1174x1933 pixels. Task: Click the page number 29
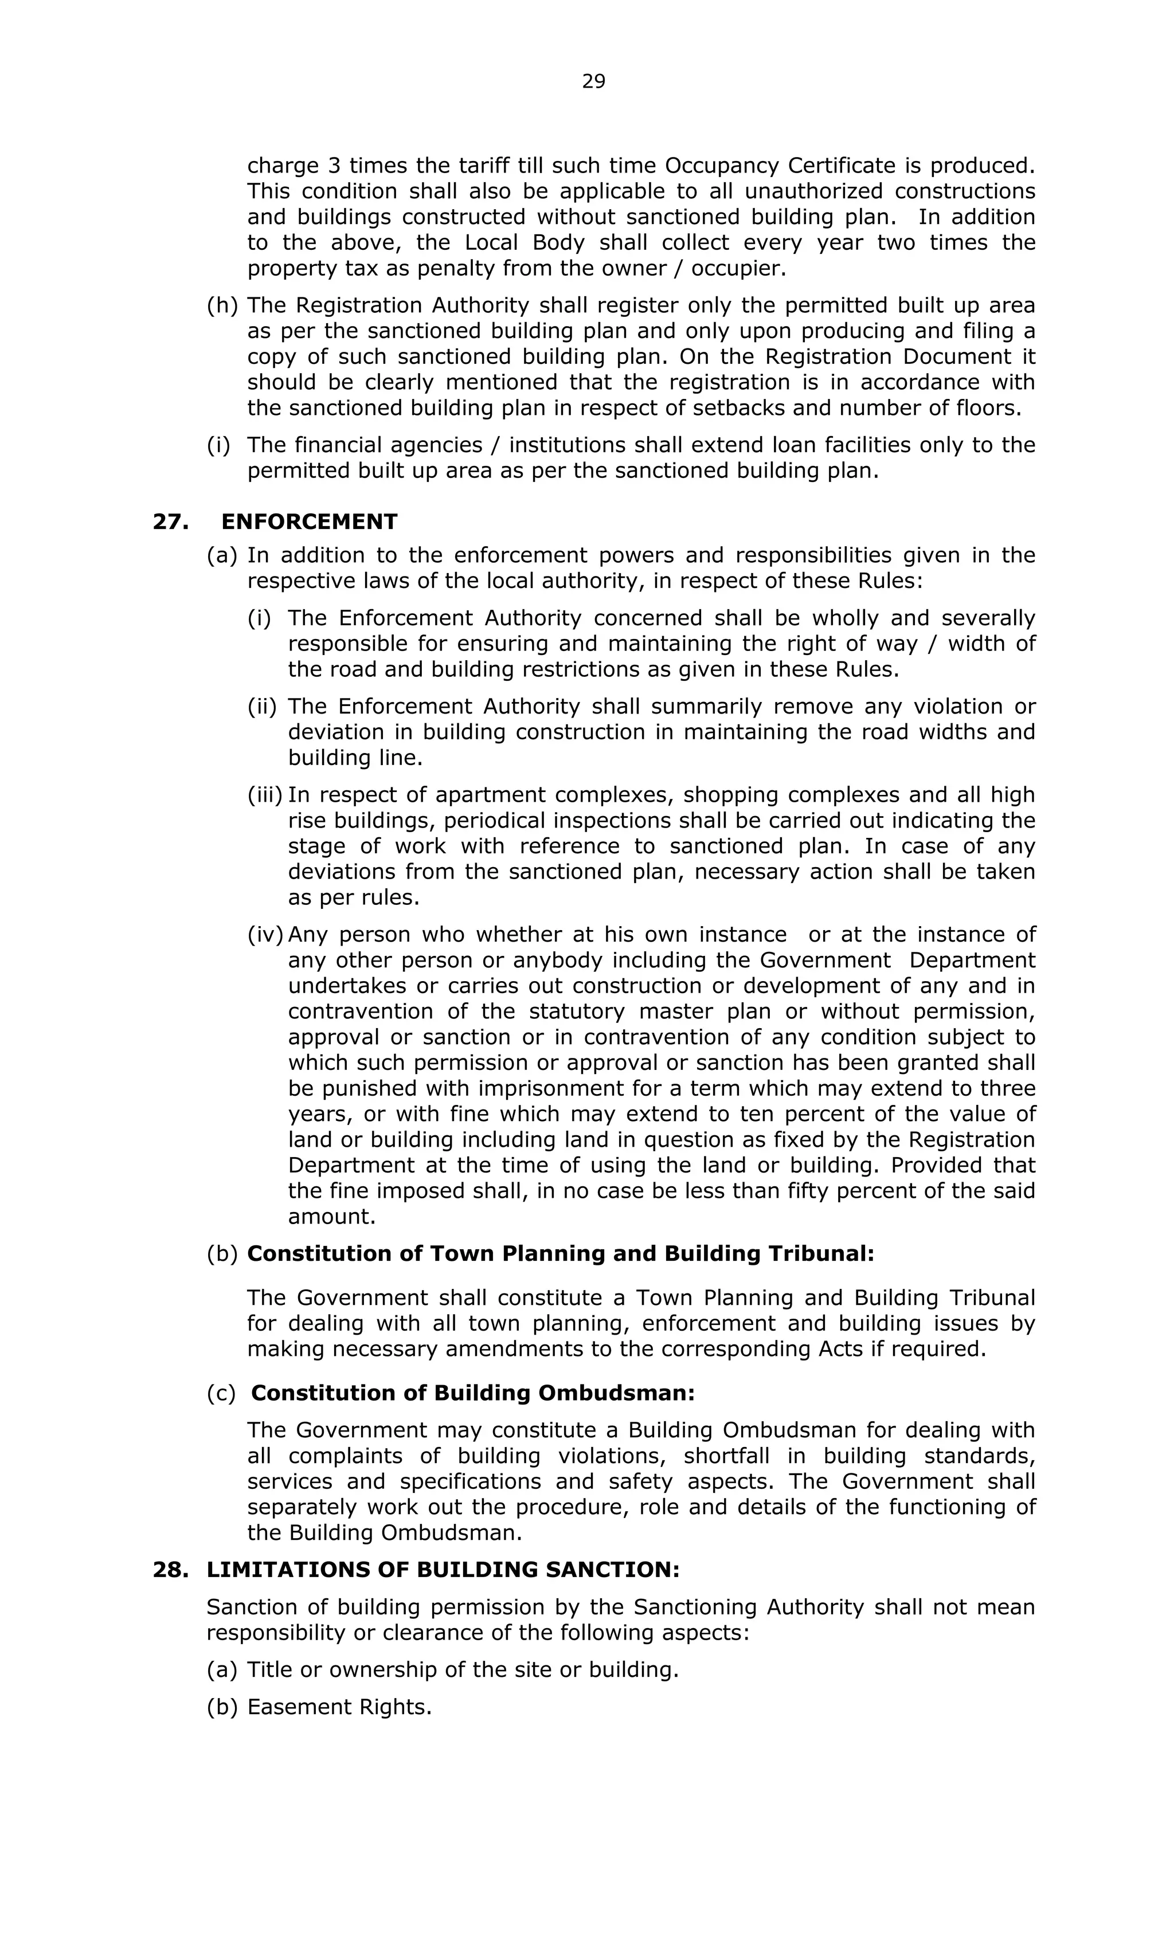(x=593, y=81)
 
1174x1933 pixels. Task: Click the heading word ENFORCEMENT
(x=309, y=522)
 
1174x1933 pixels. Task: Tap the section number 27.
(x=170, y=522)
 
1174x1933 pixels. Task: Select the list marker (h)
(x=221, y=306)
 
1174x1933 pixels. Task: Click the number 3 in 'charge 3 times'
(x=334, y=166)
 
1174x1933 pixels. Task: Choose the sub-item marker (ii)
(x=262, y=707)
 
